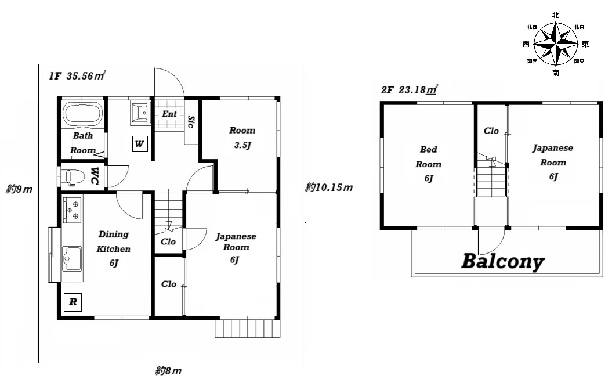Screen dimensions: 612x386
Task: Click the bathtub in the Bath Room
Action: [83, 114]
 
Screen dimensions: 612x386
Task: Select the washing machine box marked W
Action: [139, 144]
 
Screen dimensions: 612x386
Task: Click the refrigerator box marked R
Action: [73, 302]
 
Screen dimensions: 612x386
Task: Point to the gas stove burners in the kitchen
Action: [72, 210]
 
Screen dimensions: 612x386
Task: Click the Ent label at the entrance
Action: [169, 114]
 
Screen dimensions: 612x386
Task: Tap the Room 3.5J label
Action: [242, 138]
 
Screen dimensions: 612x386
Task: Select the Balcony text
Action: [503, 261]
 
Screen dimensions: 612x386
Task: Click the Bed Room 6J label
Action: [428, 164]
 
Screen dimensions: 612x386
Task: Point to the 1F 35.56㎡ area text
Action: [77, 75]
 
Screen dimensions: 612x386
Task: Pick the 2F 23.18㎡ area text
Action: [409, 89]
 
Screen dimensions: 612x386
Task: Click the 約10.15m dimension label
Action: [329, 187]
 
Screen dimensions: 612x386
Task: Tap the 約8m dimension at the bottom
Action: [168, 371]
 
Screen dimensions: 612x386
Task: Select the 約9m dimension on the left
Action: [19, 189]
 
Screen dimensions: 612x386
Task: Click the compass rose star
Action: [555, 44]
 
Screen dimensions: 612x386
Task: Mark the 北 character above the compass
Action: [556, 15]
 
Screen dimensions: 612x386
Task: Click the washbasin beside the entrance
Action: [139, 113]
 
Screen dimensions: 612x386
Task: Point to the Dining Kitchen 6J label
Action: [113, 248]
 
